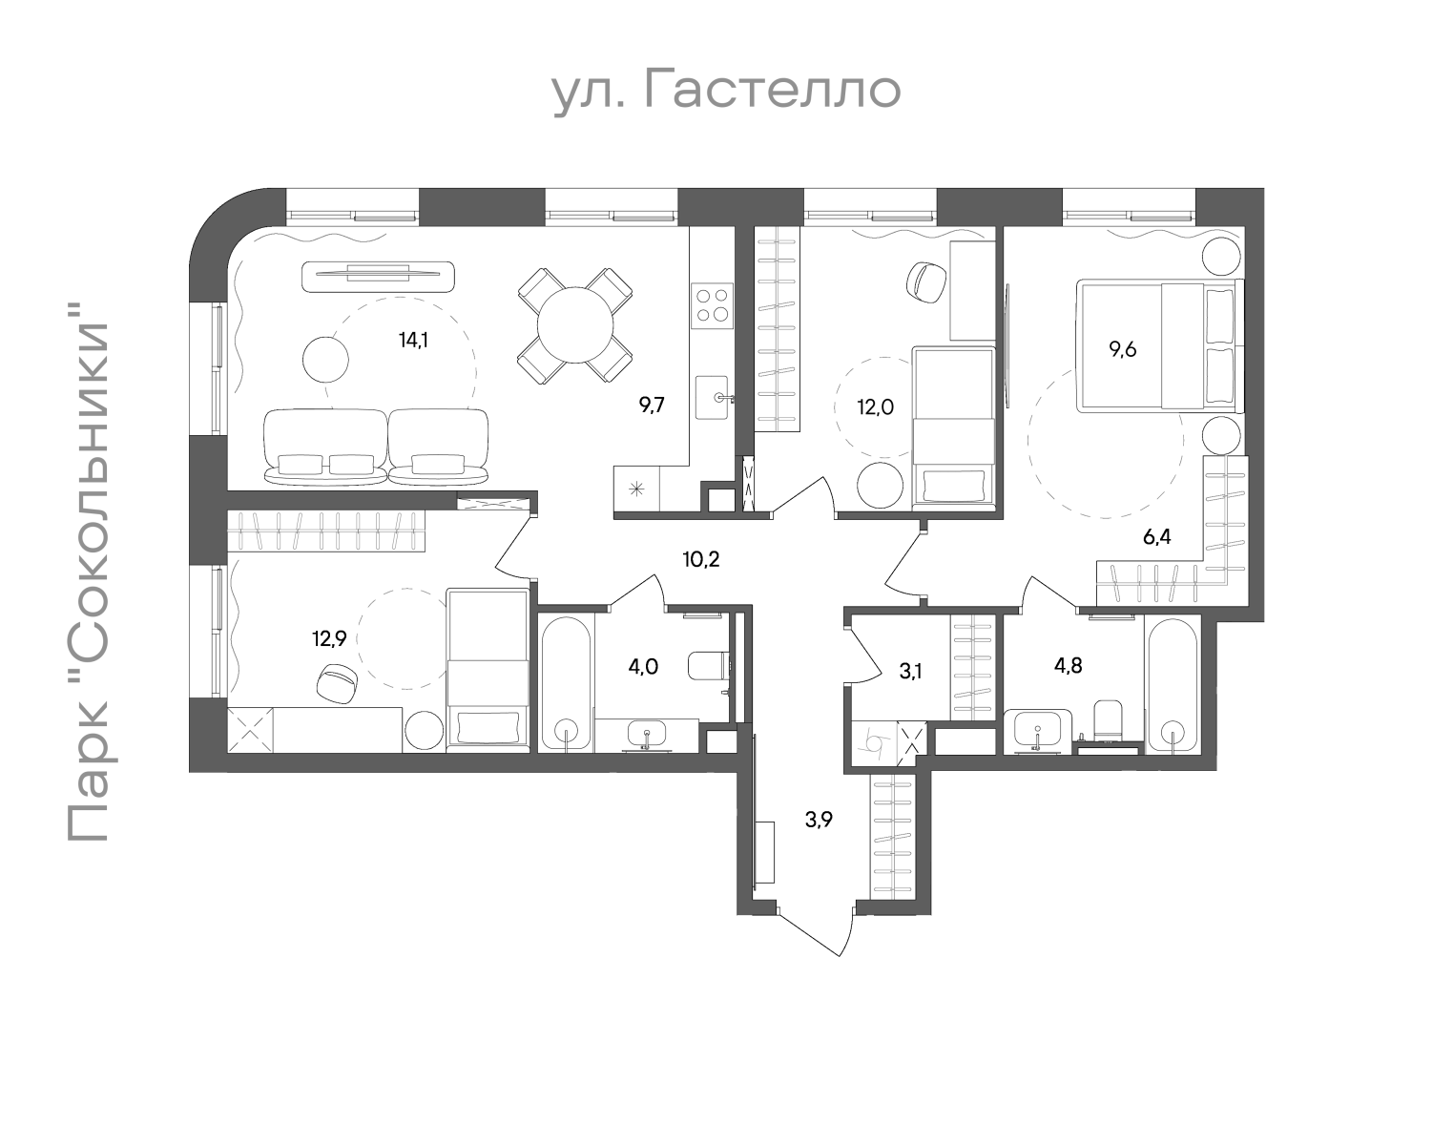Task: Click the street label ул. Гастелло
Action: (726, 91)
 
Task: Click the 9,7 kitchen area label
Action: (652, 405)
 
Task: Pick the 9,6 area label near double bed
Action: (1122, 348)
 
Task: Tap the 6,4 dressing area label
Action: (1156, 537)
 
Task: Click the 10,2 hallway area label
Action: (700, 559)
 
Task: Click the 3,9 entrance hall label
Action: (819, 820)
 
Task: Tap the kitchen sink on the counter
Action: (713, 397)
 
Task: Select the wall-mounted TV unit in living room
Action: (379, 276)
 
